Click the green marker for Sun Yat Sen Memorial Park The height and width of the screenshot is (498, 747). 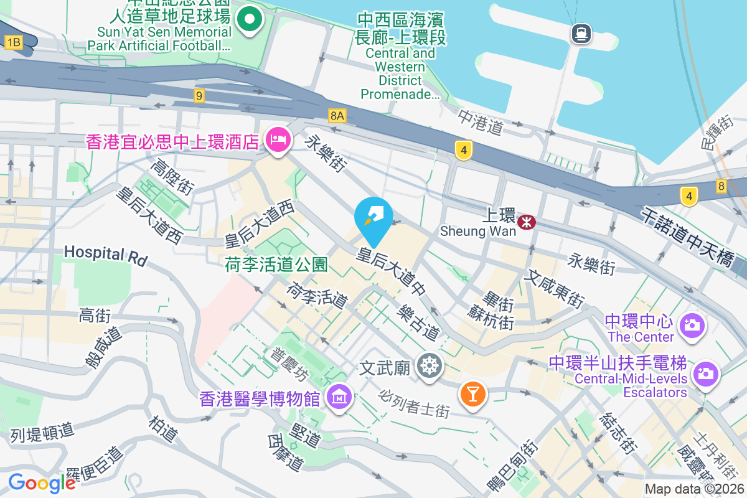[250, 19]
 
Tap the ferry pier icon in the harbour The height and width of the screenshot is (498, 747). [581, 33]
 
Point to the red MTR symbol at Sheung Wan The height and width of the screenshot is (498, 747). [527, 221]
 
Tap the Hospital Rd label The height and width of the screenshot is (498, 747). [105, 254]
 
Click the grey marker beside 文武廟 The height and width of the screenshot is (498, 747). [429, 365]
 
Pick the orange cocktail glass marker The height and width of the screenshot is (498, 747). [472, 394]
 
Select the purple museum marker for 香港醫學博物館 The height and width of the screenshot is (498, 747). [339, 396]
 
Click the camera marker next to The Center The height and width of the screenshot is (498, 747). [692, 325]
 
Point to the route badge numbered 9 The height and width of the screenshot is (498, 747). [199, 96]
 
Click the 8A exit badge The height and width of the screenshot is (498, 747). [337, 116]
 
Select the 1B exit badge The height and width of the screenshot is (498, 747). [13, 42]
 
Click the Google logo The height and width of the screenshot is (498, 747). [42, 482]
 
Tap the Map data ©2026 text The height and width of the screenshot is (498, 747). [694, 489]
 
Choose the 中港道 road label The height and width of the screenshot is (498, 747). [480, 122]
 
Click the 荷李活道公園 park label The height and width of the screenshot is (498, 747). [276, 265]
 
